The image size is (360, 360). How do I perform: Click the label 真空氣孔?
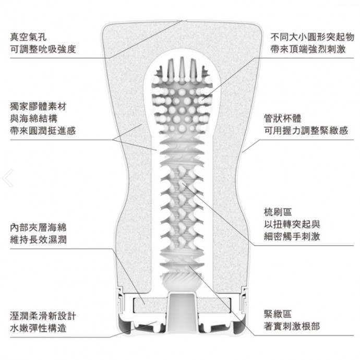click(x=28, y=37)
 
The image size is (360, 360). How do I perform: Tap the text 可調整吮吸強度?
click(x=43, y=49)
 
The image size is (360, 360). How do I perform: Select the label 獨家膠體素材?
click(x=38, y=106)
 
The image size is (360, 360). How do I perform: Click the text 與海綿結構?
click(x=33, y=119)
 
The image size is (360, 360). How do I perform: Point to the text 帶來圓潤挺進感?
click(x=43, y=131)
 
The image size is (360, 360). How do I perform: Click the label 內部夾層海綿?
click(x=38, y=227)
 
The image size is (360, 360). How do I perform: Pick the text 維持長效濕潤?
click(x=38, y=239)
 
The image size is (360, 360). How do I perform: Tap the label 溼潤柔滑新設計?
click(x=43, y=316)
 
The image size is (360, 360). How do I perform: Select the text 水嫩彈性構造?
click(x=38, y=328)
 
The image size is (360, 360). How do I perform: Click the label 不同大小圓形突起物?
click(x=312, y=37)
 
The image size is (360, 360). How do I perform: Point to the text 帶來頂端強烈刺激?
click(x=308, y=49)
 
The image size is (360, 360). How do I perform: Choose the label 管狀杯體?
click(x=283, y=119)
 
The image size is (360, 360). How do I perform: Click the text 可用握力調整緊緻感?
click(x=306, y=131)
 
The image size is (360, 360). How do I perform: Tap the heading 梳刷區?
click(x=278, y=212)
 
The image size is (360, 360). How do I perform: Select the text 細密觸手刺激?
click(x=292, y=236)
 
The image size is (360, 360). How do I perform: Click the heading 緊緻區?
click(x=278, y=314)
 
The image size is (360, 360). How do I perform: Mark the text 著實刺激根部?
click(x=292, y=326)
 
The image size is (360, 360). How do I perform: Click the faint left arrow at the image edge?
click(x=8, y=178)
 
